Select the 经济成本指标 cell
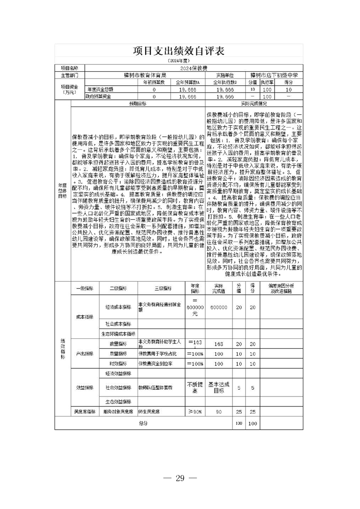click(x=118, y=307)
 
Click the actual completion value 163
click(x=219, y=344)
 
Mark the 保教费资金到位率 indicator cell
click(x=156, y=364)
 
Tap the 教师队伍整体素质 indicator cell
click(x=157, y=388)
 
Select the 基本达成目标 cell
click(x=219, y=388)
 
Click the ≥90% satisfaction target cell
click(x=194, y=411)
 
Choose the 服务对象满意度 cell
click(x=118, y=411)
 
